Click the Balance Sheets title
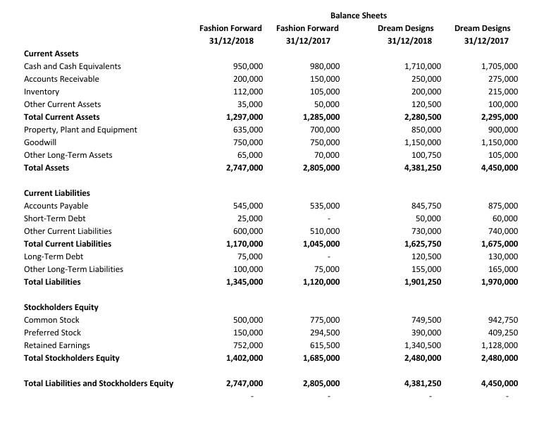pyautogui.click(x=358, y=15)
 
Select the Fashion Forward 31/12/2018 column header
pyautogui.click(x=230, y=34)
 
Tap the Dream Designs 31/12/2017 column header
pyautogui.click(x=483, y=34)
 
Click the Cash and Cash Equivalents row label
pyautogui.click(x=72, y=66)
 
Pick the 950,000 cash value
pyautogui.click(x=247, y=66)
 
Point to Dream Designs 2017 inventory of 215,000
pyautogui.click(x=502, y=92)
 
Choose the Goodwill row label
pyautogui.click(x=39, y=142)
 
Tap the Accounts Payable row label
pyautogui.click(x=56, y=206)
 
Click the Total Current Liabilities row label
pyautogui.click(x=67, y=244)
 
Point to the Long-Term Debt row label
pyautogui.click(x=54, y=256)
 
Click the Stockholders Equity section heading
pyautogui.click(x=61, y=307)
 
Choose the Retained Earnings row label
pyautogui.click(x=56, y=345)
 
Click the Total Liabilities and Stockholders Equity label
pyautogui.click(x=98, y=383)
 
